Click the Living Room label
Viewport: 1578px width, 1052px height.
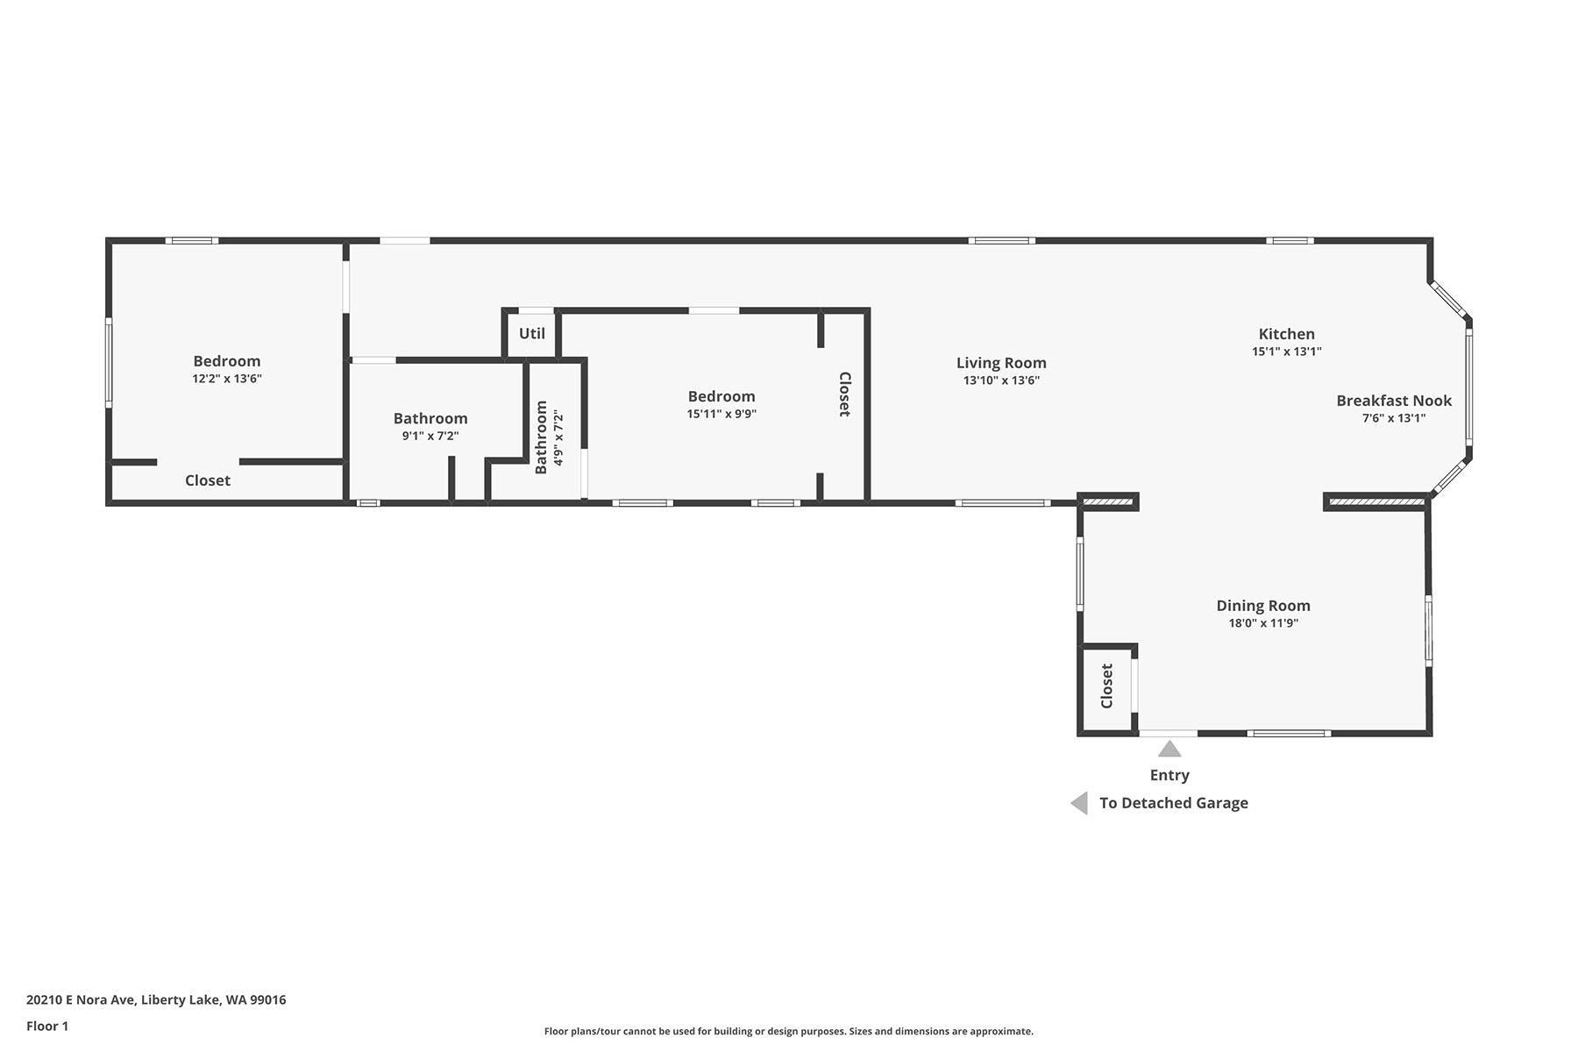click(1001, 363)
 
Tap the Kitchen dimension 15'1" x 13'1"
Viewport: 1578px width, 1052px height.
click(1286, 352)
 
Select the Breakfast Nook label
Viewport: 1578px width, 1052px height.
click(1394, 401)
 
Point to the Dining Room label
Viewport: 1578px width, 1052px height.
click(1263, 606)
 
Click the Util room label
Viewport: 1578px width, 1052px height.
click(532, 333)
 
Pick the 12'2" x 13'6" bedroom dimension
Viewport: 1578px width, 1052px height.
click(227, 379)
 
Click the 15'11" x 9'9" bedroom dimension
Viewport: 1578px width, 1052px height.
click(721, 414)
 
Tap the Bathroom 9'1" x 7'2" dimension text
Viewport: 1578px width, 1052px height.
click(430, 436)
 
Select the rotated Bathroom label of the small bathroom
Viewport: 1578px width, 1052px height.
click(541, 437)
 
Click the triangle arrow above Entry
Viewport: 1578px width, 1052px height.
click(1169, 749)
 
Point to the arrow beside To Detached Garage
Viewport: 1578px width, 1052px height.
click(1079, 803)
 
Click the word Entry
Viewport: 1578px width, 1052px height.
click(1169, 775)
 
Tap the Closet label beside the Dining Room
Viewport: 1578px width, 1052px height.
click(1106, 686)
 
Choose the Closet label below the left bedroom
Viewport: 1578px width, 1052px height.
click(208, 480)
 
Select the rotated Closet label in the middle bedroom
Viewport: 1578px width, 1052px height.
click(844, 394)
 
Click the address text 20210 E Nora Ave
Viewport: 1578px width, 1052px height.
click(82, 1000)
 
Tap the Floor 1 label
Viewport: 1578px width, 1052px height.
click(47, 1027)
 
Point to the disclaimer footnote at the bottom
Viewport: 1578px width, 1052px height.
click(789, 1032)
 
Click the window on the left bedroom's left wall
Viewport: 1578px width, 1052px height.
click(109, 362)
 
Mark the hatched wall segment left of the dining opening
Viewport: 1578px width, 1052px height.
click(1108, 501)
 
